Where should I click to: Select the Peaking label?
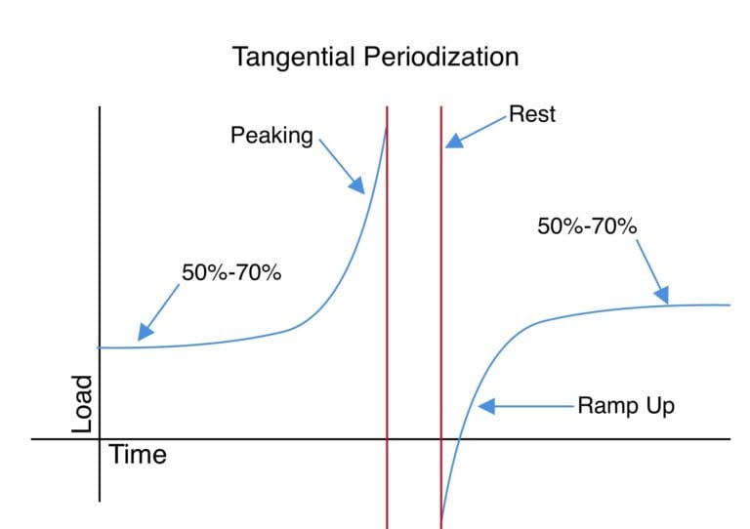271,136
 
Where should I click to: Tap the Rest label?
532,114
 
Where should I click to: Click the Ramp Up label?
626,406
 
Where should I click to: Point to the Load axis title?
83,405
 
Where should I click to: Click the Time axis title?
137,455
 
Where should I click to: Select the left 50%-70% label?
231,273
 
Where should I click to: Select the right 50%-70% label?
587,226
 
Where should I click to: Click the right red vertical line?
441,293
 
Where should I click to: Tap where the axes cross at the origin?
100,439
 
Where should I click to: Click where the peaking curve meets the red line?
387,127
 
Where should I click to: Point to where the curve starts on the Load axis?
101,347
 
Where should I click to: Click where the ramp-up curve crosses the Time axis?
458,439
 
